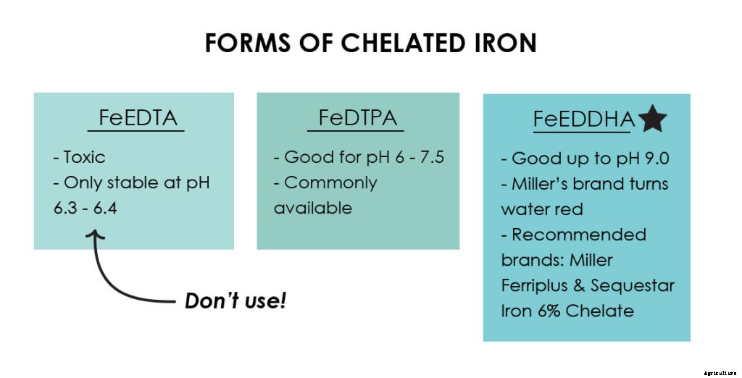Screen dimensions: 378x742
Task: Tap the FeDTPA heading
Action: coord(358,119)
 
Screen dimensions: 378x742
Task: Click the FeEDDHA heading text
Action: coord(584,120)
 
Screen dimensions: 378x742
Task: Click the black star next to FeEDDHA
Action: coord(652,120)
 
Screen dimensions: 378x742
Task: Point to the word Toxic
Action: coord(84,157)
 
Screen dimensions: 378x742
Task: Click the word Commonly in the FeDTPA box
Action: coord(330,182)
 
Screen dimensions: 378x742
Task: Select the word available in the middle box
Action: coord(312,208)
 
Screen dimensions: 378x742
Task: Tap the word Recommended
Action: coord(578,235)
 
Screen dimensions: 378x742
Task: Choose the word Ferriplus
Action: coord(534,285)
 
